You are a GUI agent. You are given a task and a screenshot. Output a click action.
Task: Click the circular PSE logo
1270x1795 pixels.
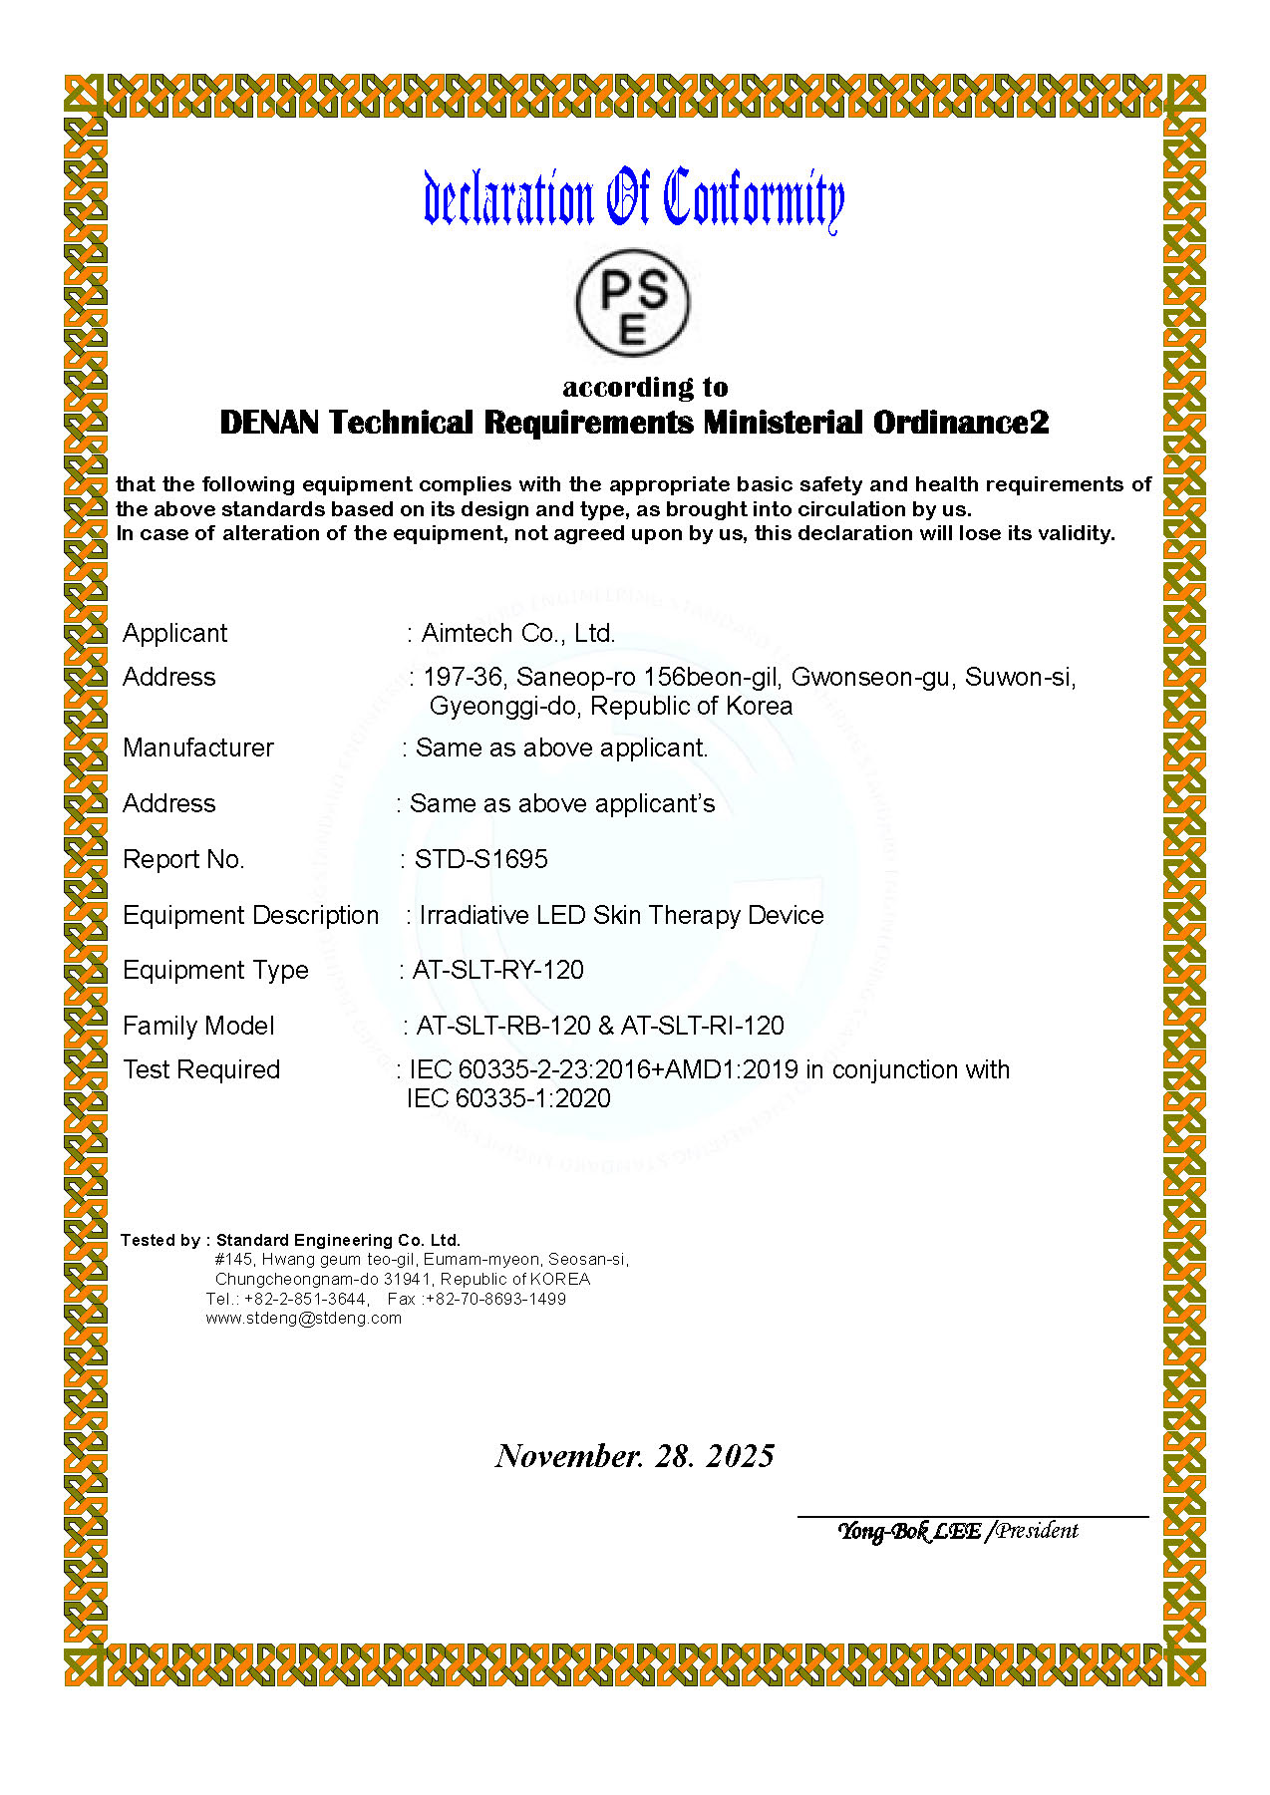[632, 304]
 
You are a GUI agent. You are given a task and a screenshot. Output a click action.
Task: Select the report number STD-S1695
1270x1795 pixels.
[480, 859]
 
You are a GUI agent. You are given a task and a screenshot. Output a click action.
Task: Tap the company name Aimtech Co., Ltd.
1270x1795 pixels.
[517, 633]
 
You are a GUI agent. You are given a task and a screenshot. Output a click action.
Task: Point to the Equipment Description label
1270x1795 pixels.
[250, 915]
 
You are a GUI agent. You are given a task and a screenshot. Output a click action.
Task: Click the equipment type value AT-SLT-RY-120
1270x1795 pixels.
[497, 970]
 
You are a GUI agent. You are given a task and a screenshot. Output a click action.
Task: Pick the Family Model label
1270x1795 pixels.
[198, 1026]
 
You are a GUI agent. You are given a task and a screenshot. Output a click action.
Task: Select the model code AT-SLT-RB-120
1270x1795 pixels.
[503, 1026]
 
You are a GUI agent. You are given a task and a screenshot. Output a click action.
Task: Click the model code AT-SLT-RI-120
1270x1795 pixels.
[703, 1026]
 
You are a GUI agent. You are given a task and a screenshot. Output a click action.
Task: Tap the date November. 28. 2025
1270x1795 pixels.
[635, 1456]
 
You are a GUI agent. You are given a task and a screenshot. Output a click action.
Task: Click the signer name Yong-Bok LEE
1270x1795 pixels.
[908, 1531]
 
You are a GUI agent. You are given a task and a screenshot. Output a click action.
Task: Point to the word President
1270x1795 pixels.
[1038, 1531]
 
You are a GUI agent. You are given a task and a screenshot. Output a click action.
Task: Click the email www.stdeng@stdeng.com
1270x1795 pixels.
[304, 1318]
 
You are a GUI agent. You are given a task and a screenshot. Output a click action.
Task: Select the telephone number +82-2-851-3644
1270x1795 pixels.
[305, 1299]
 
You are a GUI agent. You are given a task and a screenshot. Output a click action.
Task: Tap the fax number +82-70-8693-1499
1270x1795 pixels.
[495, 1299]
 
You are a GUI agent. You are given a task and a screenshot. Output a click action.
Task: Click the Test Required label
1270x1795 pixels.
[201, 1069]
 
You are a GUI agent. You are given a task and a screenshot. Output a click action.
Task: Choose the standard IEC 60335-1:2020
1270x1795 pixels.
[508, 1098]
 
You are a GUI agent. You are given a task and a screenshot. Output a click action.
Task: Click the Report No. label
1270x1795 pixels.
[183, 859]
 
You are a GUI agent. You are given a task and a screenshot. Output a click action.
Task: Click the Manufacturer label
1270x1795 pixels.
[198, 748]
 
